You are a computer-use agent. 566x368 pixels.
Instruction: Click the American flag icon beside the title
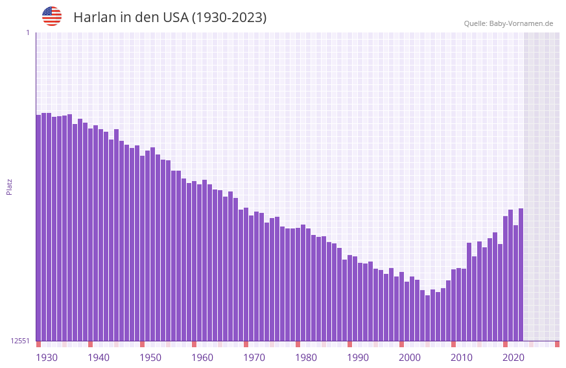pos(52,16)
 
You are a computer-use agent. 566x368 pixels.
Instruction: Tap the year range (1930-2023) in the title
pos(228,18)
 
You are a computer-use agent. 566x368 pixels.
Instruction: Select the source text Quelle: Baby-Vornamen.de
pos(508,23)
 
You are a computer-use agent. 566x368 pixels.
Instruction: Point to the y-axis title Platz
pos(9,186)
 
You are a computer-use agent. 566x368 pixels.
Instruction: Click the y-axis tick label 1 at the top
pos(27,32)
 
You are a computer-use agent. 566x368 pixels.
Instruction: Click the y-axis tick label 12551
pos(19,341)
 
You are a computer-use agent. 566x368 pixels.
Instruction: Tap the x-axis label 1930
pos(47,358)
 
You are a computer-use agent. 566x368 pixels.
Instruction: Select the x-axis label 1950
pos(150,358)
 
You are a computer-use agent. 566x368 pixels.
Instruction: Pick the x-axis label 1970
pos(254,358)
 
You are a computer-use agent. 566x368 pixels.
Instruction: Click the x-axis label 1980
pos(306,358)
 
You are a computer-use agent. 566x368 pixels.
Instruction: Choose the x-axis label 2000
pos(410,358)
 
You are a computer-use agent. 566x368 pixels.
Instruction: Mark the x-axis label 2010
pos(462,358)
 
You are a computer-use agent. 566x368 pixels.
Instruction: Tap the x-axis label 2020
pos(513,358)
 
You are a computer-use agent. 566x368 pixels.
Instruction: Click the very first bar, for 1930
pos(38,227)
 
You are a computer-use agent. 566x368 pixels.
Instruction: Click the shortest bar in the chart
pos(427,318)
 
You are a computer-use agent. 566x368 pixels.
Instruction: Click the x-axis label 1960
pos(202,358)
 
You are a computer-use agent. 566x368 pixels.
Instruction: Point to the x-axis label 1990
pos(358,358)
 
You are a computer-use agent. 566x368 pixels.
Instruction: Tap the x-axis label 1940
pos(99,358)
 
